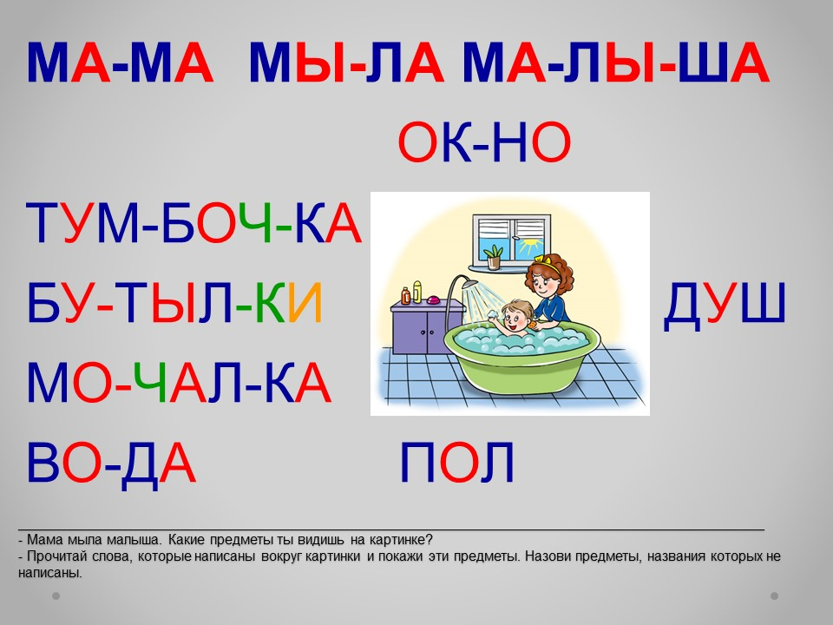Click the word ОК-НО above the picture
point(484,142)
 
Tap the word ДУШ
point(725,304)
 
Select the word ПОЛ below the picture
point(457,463)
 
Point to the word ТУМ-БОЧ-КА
point(193,223)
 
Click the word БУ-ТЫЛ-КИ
point(174,304)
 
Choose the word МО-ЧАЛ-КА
point(179,383)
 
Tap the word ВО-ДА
point(111,464)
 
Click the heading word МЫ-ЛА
point(346,62)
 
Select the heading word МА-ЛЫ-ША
point(616,62)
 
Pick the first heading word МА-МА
point(120,62)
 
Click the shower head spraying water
point(469,283)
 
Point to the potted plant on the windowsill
point(494,257)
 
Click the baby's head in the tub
point(514,314)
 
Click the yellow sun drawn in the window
point(529,246)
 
